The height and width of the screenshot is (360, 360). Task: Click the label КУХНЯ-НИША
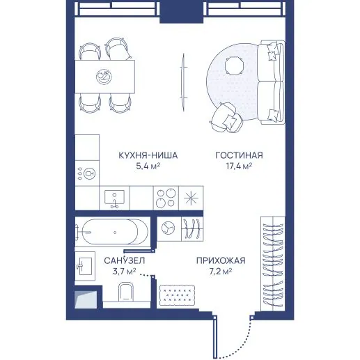pos(148,155)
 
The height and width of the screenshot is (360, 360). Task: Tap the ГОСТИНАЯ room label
pos(239,155)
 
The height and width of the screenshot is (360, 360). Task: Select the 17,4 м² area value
pos(239,166)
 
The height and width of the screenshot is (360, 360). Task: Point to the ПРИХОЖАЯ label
pos(221,260)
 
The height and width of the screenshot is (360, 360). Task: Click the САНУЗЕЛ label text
pos(125,260)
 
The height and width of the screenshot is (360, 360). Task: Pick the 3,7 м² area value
pos(124,272)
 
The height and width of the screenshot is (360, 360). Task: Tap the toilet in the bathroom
pos(125,291)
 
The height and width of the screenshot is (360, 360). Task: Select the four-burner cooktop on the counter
pos(166,198)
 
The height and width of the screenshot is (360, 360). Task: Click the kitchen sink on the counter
pos(114,197)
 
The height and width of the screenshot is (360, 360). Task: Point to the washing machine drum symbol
pos(169,228)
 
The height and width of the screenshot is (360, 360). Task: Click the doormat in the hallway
pos(177,295)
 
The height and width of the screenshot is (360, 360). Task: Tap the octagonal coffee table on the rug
pos(235,66)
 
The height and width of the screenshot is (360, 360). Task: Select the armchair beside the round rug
pos(226,118)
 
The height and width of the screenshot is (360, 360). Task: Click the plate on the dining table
pos(104,77)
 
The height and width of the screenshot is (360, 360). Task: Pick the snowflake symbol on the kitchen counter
pos(191,198)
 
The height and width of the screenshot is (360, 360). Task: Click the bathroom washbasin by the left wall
pos(85,266)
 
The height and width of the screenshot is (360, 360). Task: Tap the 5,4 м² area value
pos(148,166)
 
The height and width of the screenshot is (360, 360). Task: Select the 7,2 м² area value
pos(221,272)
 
